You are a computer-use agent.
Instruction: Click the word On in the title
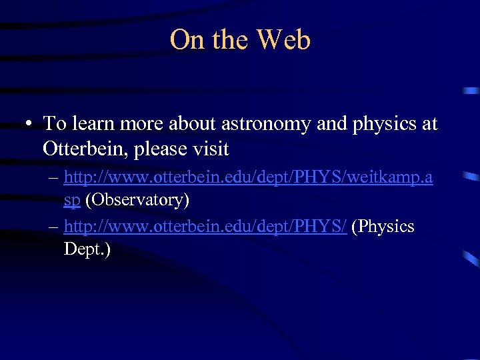tap(187, 40)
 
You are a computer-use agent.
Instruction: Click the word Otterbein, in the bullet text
tap(85, 148)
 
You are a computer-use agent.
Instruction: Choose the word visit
tap(208, 148)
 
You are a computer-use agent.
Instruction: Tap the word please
tap(159, 148)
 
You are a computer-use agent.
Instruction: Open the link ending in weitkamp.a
tap(248, 177)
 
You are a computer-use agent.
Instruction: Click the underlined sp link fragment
tap(72, 199)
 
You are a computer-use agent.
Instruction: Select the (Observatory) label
tap(137, 199)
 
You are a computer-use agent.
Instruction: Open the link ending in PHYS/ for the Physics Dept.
tap(205, 227)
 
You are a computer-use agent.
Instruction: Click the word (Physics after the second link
tap(383, 227)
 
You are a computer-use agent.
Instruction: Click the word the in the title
tap(231, 40)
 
